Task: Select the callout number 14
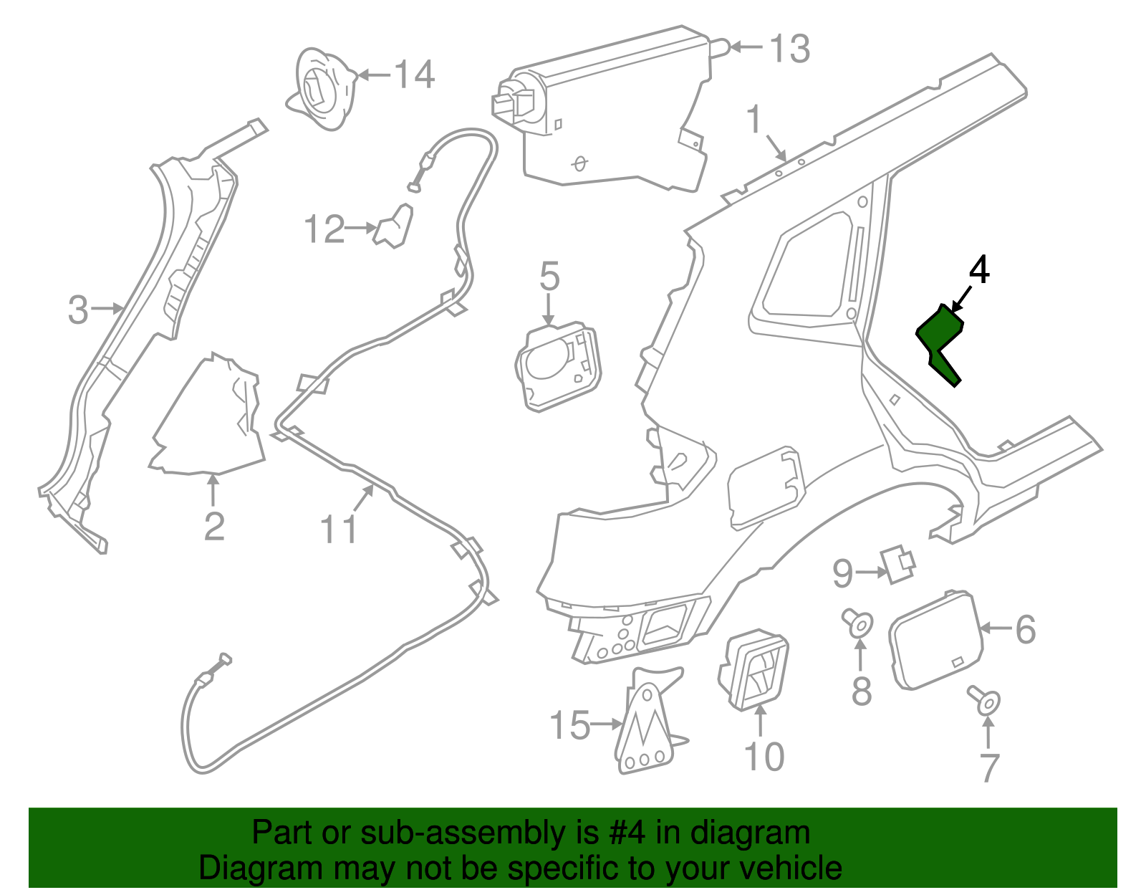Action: point(415,75)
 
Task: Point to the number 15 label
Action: point(569,725)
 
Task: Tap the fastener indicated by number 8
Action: point(858,623)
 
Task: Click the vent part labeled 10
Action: point(753,670)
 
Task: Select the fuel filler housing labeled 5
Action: point(558,365)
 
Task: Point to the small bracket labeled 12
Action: point(393,226)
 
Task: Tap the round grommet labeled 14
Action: point(321,89)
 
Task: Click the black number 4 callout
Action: point(979,270)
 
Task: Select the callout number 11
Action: point(339,528)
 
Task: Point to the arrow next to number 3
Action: point(107,309)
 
